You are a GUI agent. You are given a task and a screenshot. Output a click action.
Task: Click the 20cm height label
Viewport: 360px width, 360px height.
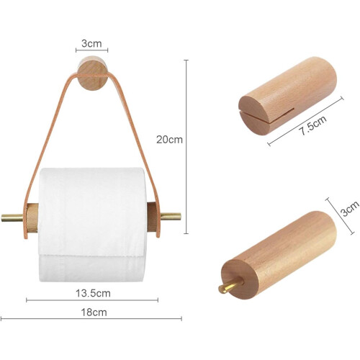pyautogui.click(x=169, y=140)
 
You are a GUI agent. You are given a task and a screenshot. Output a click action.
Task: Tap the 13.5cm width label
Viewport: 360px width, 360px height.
pyautogui.click(x=93, y=293)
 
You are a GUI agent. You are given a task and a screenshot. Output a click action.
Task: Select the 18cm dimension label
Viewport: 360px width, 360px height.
pyautogui.click(x=94, y=312)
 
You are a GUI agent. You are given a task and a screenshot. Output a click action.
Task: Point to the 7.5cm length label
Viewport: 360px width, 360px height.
pyautogui.click(x=312, y=125)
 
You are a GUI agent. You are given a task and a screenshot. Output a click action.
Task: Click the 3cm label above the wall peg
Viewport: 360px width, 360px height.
pyautogui.click(x=91, y=43)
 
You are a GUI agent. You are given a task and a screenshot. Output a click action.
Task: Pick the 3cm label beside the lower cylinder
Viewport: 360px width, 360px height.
pyautogui.click(x=350, y=208)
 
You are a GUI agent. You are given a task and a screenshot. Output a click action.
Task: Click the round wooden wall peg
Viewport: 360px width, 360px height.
pyautogui.click(x=92, y=73)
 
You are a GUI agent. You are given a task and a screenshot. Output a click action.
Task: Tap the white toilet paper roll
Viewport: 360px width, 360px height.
pyautogui.click(x=91, y=225)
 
